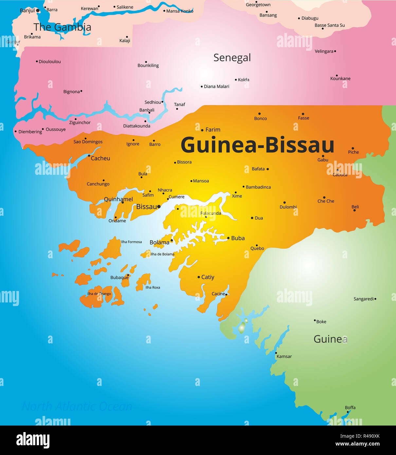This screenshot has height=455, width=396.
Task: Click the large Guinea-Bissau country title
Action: tap(257, 145)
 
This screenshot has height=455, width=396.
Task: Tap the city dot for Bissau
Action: tap(159, 207)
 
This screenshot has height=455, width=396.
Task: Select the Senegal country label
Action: tap(232, 58)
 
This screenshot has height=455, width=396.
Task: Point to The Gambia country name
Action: tap(62, 27)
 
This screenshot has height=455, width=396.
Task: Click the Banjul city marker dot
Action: tap(38, 10)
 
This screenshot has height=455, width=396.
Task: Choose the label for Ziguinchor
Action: tap(80, 122)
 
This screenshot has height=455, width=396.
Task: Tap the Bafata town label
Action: tap(258, 169)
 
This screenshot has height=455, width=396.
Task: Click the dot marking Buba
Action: tap(228, 238)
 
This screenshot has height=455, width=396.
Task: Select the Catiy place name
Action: tap(207, 277)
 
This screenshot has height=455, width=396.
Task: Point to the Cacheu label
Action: tap(100, 158)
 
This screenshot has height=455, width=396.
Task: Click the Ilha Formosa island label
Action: tap(131, 242)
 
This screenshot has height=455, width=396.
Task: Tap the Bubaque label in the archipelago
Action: tap(119, 278)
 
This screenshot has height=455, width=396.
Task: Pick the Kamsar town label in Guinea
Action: tap(284, 356)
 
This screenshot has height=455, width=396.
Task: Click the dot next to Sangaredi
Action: tap(375, 299)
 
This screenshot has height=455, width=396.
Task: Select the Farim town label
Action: tap(213, 130)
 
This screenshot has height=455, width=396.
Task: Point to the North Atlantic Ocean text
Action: tap(77, 407)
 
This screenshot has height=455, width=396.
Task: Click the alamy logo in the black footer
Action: tap(33, 440)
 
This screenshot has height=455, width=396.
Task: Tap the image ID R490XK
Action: tap(360, 436)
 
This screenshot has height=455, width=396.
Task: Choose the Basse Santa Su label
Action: tap(330, 25)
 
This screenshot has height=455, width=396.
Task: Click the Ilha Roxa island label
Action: tap(153, 287)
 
